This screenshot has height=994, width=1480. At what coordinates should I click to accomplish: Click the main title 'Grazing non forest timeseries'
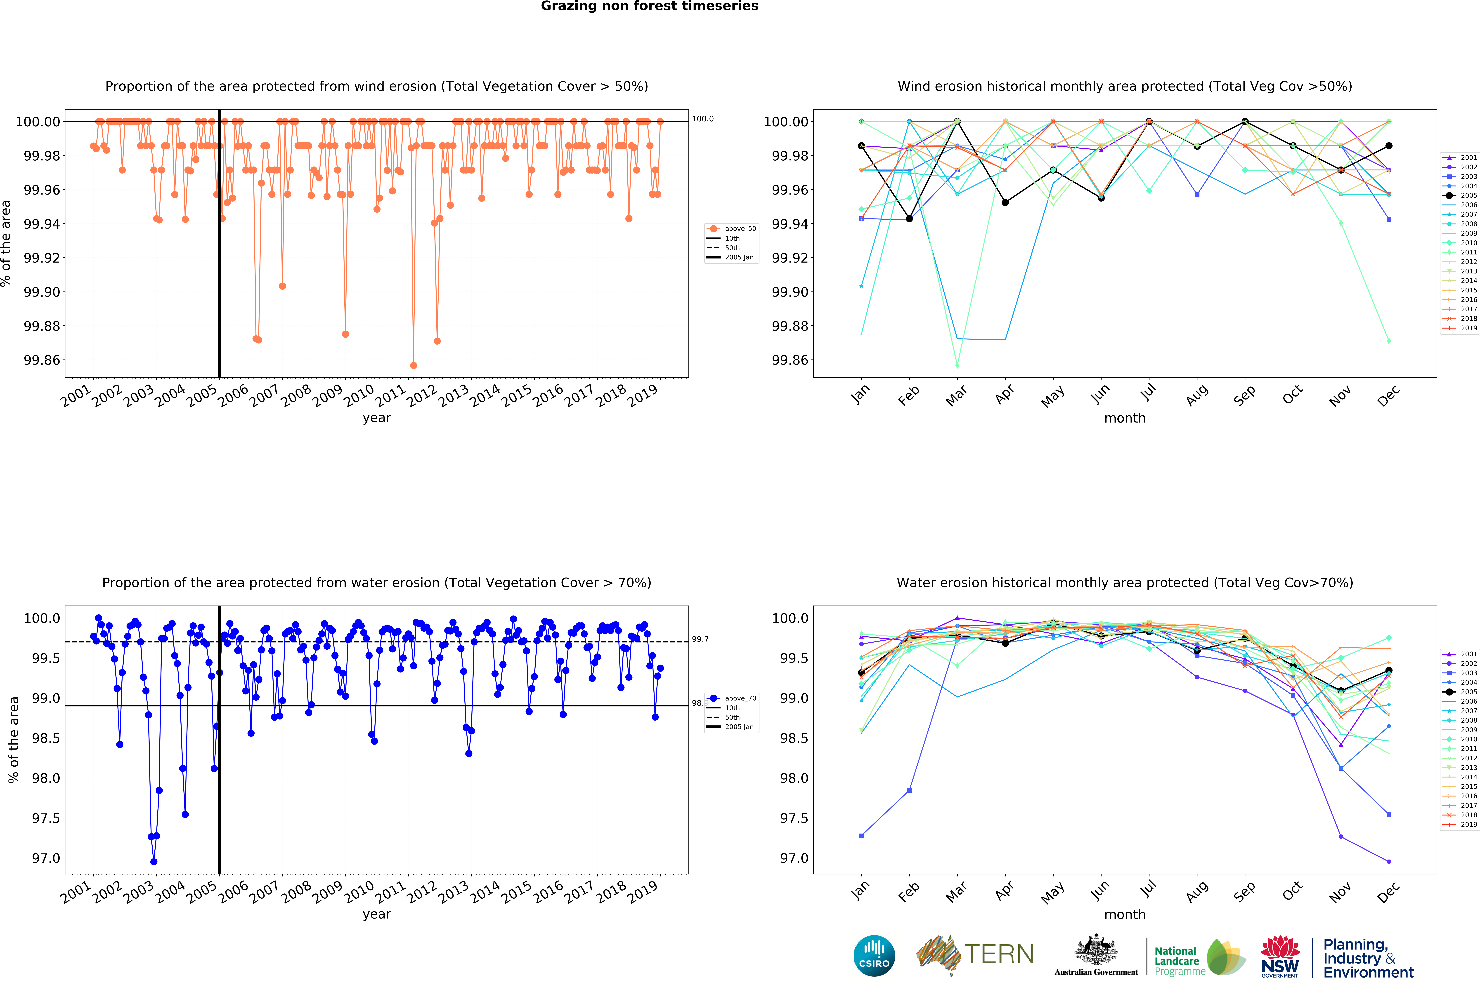[x=649, y=6]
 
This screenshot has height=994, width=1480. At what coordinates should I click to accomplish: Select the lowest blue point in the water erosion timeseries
[x=154, y=862]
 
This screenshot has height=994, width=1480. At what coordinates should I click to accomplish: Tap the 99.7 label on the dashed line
[x=700, y=639]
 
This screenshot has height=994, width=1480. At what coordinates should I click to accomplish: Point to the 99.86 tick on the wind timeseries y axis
[x=42, y=360]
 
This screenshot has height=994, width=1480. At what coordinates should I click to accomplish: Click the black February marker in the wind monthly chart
[x=909, y=219]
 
